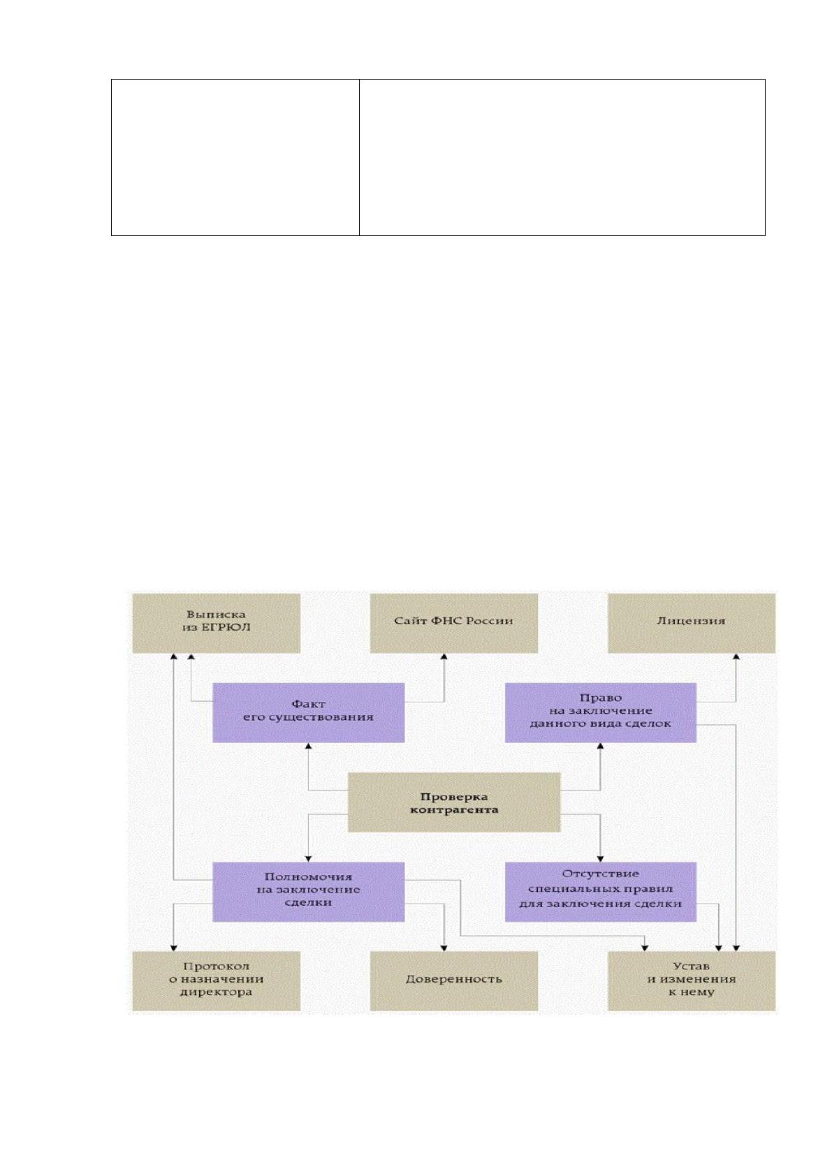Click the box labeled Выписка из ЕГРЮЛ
click(216, 623)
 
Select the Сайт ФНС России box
click(454, 623)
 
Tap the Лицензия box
click(692, 623)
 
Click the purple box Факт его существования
click(308, 712)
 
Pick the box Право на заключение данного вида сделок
click(600, 712)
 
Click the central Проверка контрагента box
click(454, 802)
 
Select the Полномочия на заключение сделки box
click(308, 892)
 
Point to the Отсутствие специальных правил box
click(600, 892)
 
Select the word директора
click(216, 992)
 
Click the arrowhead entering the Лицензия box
click(736, 656)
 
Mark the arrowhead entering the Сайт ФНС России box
click(444, 656)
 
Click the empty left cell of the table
click(235, 158)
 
